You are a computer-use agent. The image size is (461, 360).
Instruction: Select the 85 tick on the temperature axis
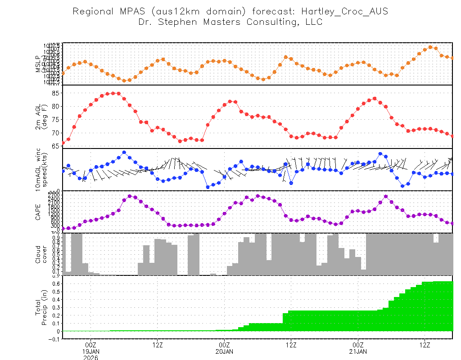[x=56, y=93]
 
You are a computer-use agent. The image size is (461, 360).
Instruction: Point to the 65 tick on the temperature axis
[x=56, y=146]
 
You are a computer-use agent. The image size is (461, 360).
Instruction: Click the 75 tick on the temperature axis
[x=56, y=120]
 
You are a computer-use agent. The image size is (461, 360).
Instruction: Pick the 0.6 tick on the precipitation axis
[x=54, y=283]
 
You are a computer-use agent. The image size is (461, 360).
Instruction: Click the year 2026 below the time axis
[x=91, y=358]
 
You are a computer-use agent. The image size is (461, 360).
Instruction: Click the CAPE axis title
[x=38, y=211]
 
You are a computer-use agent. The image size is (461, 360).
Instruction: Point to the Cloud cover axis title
[x=41, y=254]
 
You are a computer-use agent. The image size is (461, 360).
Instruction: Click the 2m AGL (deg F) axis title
[x=41, y=117]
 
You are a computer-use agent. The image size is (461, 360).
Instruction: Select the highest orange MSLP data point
[x=430, y=47]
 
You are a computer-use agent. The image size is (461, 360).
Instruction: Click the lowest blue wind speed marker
[x=208, y=187]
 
